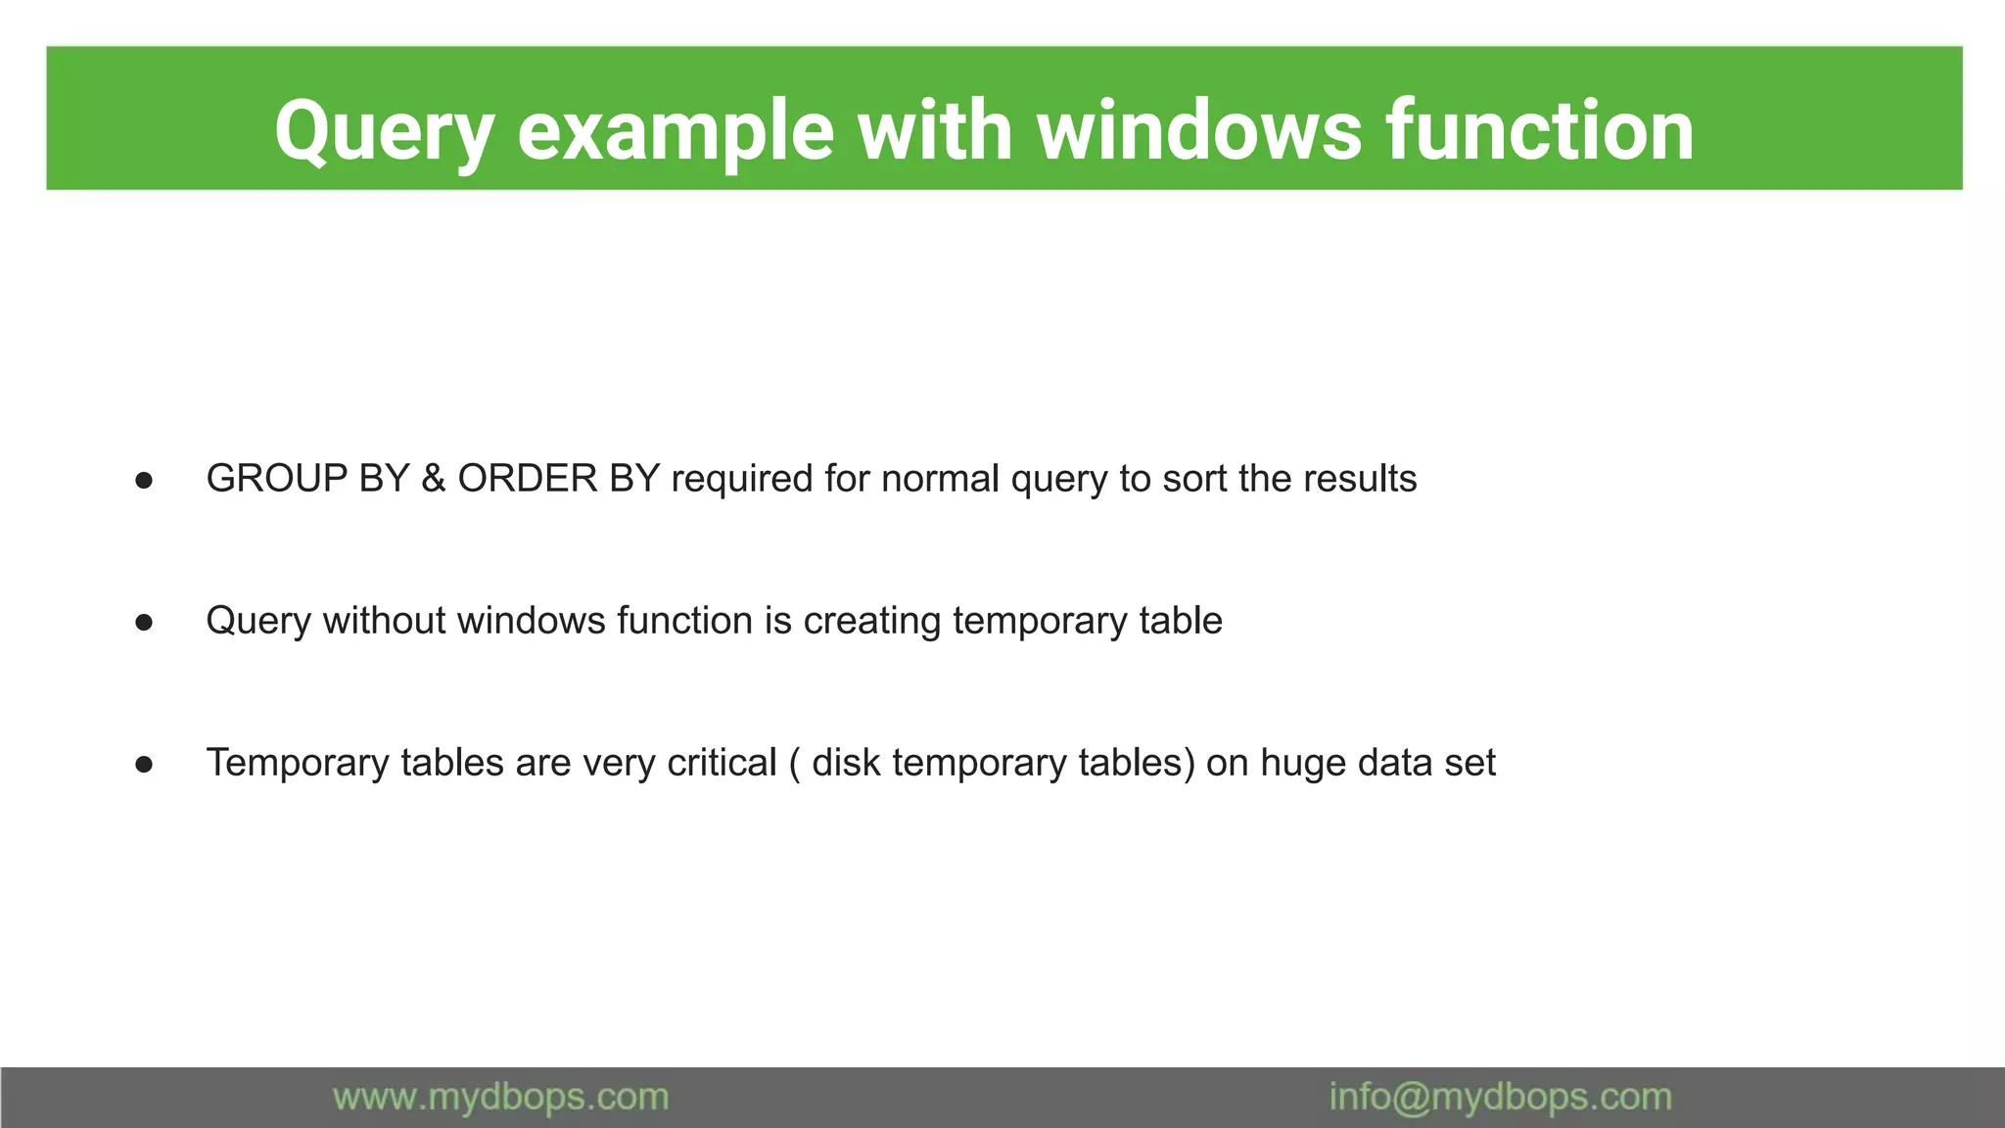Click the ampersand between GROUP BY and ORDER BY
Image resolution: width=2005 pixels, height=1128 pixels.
[433, 479]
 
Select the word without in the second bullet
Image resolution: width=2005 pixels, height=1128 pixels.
[385, 621]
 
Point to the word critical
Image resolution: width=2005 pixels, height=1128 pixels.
[722, 763]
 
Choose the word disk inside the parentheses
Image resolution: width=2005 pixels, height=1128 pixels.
[847, 763]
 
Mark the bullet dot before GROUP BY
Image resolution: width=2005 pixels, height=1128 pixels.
[144, 480]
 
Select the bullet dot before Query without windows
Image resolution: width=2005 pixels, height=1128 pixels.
[144, 622]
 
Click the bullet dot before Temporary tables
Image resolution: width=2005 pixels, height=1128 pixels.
[144, 764]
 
